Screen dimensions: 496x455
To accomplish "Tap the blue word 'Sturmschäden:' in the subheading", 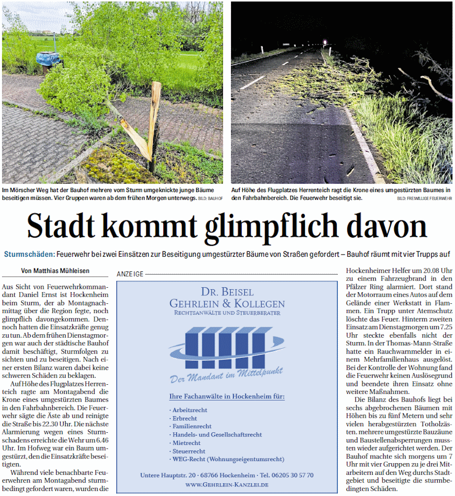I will point(30,254).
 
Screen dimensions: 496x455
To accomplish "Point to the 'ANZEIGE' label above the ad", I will point(130,274).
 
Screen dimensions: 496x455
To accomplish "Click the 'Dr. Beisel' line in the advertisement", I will point(227,293).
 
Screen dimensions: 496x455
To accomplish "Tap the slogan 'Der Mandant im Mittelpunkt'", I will point(226,374).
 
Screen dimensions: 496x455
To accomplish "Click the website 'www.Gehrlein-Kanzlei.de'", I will point(226,484).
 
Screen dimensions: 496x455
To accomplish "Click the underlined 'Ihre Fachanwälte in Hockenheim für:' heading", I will point(226,396).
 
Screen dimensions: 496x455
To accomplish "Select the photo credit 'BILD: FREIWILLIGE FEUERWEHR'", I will point(425,198).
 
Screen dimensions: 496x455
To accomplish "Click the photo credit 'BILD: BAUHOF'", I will point(210,198).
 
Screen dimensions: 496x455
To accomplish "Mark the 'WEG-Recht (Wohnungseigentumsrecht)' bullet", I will point(228,459).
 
